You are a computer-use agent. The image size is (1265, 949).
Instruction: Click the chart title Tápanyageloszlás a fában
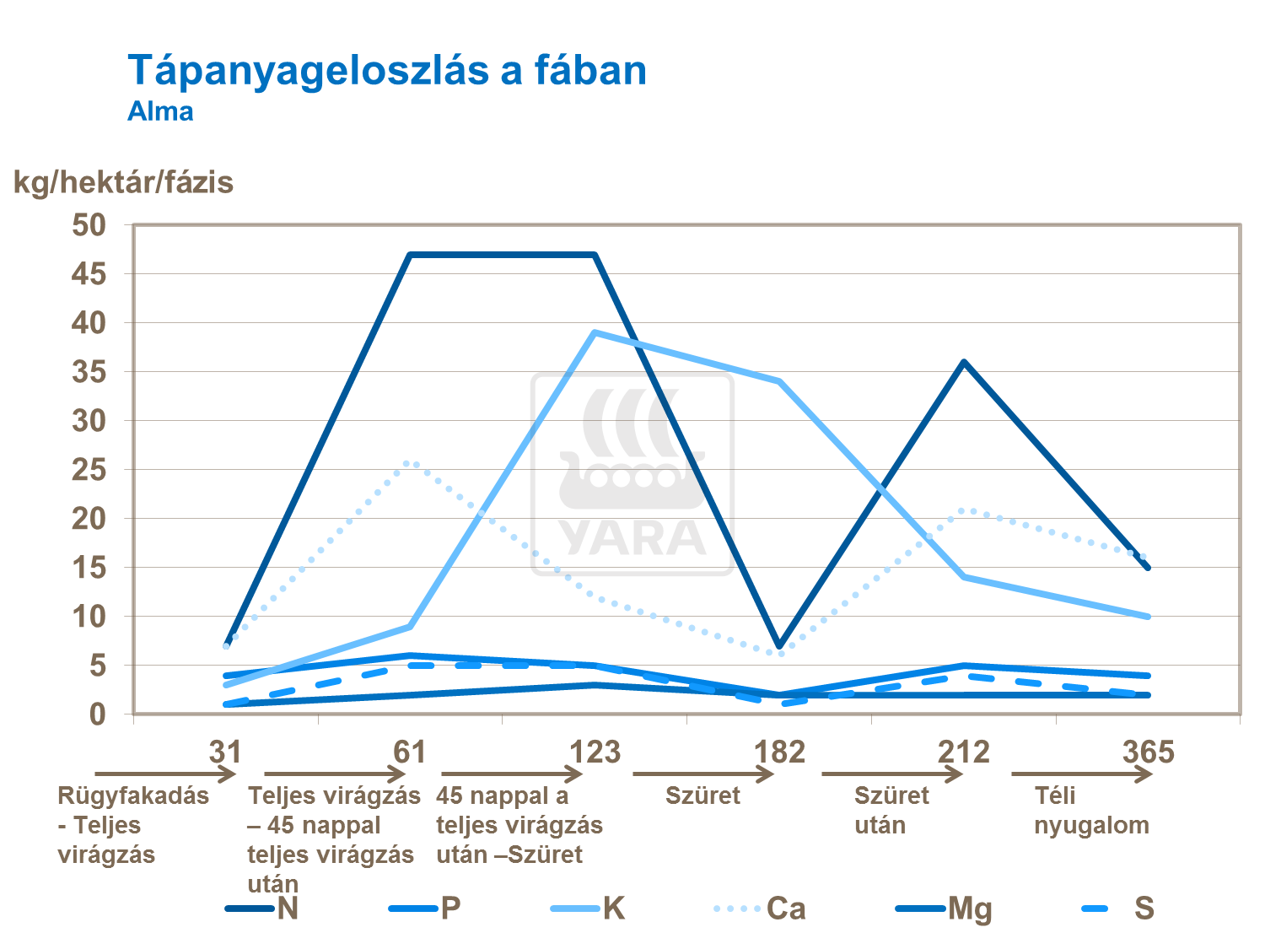387,71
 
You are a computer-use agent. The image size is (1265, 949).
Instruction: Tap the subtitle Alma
160,112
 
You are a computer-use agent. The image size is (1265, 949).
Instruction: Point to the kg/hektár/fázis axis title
123,182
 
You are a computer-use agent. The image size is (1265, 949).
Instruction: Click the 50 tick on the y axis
89,225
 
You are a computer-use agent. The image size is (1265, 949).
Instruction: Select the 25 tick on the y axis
89,470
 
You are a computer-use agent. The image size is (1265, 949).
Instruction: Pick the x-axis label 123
595,752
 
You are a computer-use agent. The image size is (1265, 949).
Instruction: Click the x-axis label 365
1148,752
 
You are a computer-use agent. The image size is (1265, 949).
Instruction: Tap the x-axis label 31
225,752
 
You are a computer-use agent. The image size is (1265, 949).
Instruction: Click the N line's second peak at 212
964,363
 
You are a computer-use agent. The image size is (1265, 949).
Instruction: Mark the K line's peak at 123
595,332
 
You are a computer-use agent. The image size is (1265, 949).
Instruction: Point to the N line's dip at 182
780,646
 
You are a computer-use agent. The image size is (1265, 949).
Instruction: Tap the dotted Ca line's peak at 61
411,463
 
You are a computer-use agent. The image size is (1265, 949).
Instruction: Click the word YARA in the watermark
632,537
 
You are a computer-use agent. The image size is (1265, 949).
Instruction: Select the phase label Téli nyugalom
1091,811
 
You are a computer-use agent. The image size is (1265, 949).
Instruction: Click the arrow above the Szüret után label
892,774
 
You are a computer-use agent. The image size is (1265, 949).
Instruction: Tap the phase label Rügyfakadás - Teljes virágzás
132,825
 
